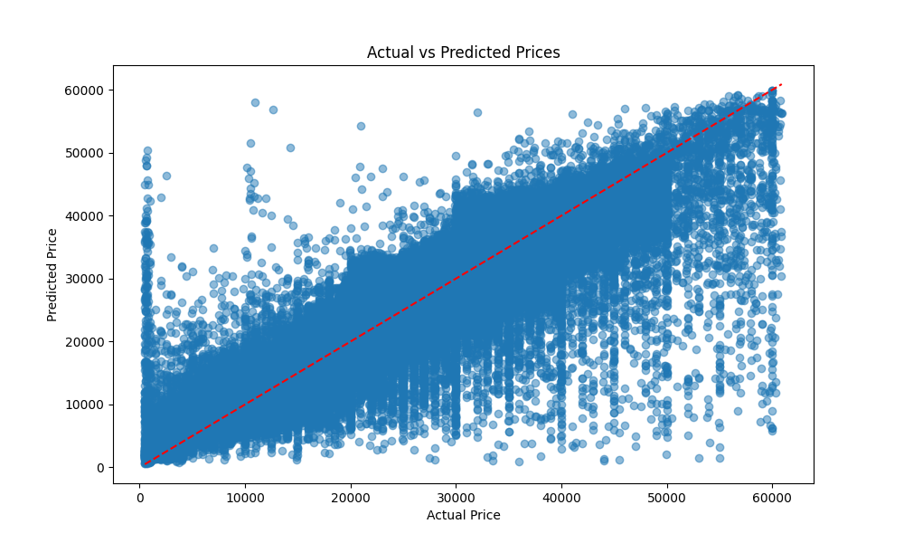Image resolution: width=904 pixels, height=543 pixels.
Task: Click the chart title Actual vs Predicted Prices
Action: [463, 52]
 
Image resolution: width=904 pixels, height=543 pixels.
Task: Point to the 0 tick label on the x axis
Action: [139, 497]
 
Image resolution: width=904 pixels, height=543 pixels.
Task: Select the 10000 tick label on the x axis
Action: [244, 497]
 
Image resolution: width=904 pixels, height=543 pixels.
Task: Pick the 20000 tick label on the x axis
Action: [350, 497]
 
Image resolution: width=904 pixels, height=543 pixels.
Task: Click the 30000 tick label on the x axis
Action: [456, 497]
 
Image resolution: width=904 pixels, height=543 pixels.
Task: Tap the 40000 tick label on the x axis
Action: [561, 497]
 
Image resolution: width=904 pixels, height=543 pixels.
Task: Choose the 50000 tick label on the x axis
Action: [667, 497]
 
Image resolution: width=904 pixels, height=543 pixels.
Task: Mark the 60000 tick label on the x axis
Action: [772, 497]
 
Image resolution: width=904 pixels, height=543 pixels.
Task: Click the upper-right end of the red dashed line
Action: [781, 84]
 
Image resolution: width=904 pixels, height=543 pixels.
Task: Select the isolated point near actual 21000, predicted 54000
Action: [361, 126]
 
